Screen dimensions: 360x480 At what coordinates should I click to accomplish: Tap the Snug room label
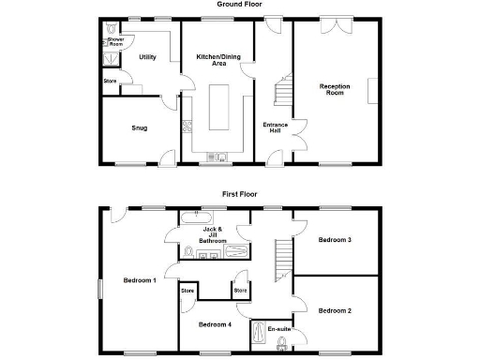click(x=139, y=128)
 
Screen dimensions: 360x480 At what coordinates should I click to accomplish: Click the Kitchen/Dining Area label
click(x=217, y=61)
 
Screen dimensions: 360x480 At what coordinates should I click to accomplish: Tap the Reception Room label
click(x=335, y=90)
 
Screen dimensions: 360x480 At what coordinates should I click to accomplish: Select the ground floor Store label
click(x=111, y=81)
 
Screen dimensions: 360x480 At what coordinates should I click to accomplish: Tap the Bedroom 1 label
click(x=139, y=280)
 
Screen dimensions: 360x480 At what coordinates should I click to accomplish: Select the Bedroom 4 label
click(x=215, y=324)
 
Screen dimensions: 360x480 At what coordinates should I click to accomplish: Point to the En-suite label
click(x=277, y=329)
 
